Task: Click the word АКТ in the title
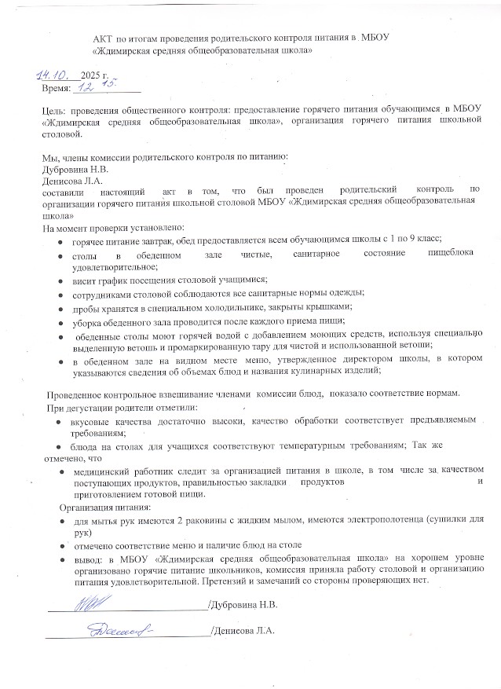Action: (103, 37)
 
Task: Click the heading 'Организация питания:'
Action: (97, 507)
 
